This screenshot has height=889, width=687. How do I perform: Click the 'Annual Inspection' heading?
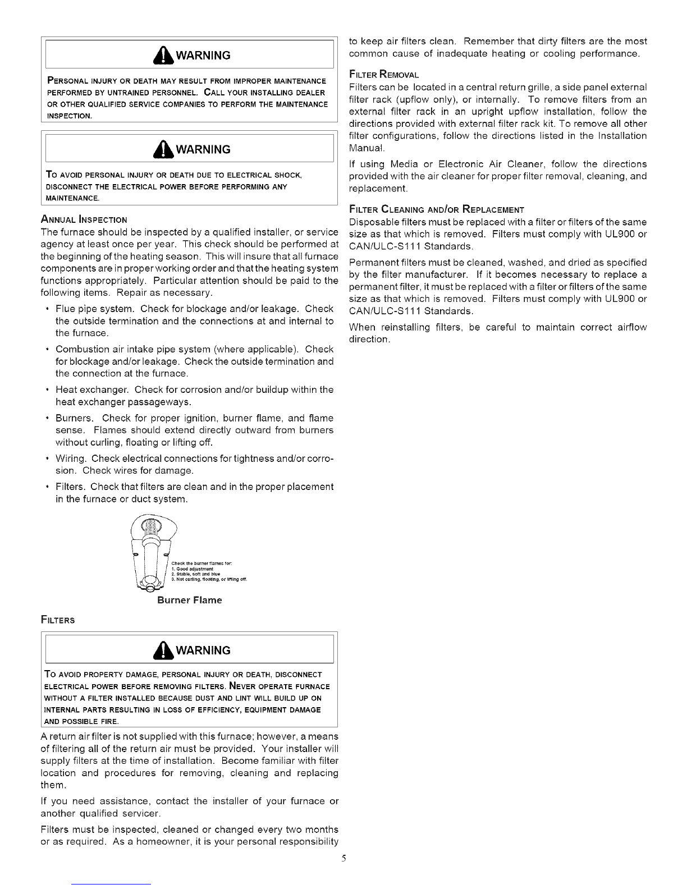point(84,219)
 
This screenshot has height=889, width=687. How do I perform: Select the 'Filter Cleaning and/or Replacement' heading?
point(436,210)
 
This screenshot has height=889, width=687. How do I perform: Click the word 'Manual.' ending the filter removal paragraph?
point(367,148)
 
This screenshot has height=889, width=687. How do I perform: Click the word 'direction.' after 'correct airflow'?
point(369,340)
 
